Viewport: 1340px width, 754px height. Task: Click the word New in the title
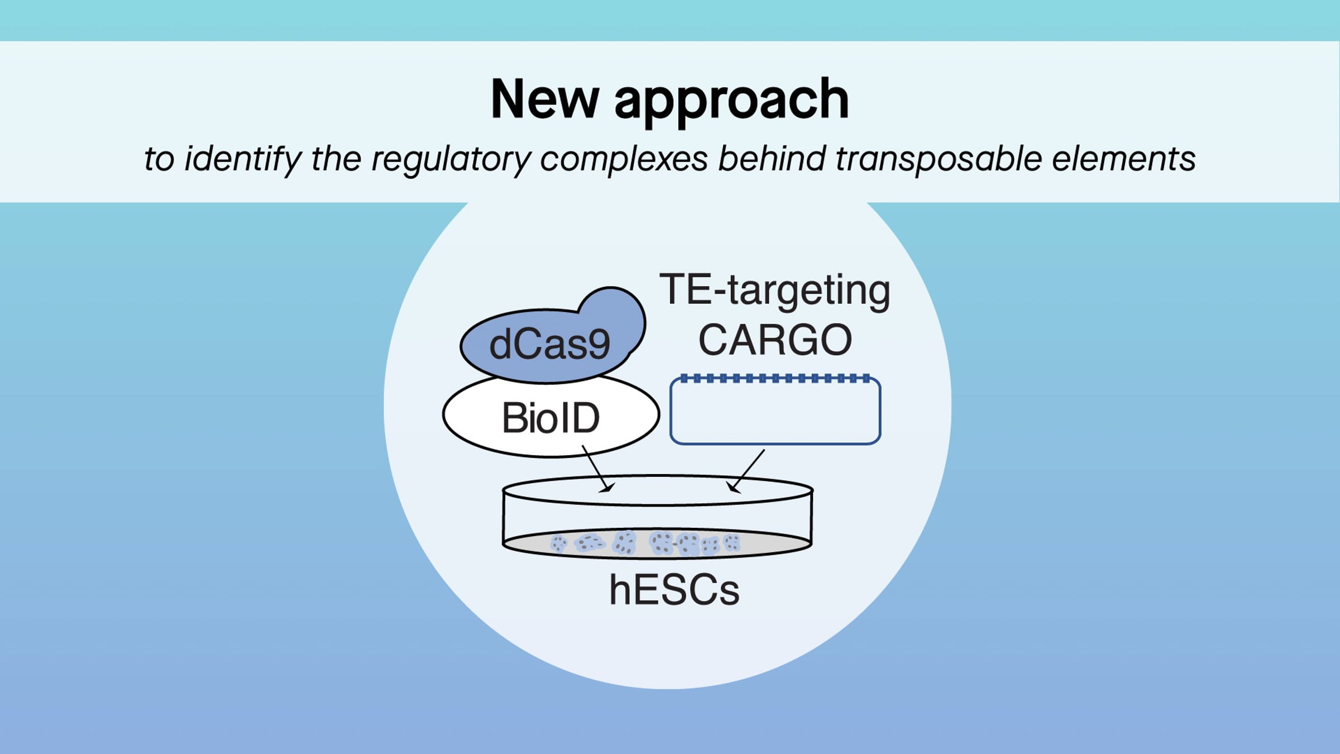[x=544, y=99]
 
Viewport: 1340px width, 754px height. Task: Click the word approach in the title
[x=731, y=101]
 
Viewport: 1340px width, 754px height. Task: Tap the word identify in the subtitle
[x=243, y=159]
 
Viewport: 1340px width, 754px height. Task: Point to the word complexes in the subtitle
[x=624, y=159]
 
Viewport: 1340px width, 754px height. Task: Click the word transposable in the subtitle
[x=938, y=159]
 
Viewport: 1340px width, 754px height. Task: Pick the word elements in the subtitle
[x=1123, y=159]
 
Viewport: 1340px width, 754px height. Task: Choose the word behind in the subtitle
[x=772, y=159]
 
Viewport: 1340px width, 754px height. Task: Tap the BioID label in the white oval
[x=551, y=418]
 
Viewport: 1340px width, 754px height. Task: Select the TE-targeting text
[x=775, y=290]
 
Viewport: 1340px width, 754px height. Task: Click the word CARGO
[x=775, y=340]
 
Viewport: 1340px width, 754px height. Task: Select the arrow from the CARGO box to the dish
[x=747, y=471]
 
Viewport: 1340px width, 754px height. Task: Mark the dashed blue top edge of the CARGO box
[x=775, y=379]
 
